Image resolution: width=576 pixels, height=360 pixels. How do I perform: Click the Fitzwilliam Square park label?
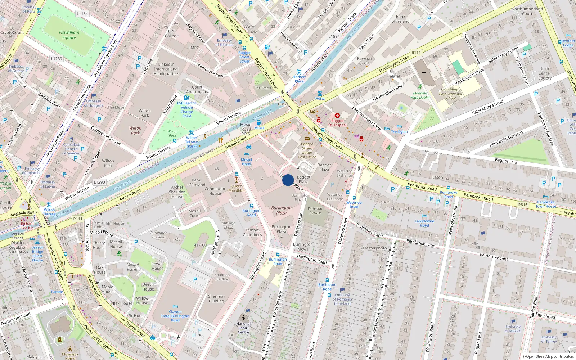[x=69, y=35]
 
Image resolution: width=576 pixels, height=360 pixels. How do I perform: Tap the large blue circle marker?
[x=288, y=180]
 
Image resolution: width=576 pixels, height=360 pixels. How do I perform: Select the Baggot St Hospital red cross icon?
[x=337, y=116]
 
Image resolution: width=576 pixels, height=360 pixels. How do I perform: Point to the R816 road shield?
[x=523, y=205]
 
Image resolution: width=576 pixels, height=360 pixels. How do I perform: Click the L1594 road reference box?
[x=334, y=36]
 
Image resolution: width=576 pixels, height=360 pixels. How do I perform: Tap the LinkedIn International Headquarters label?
[x=166, y=69]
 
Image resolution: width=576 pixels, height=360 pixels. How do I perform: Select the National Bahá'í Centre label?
[x=243, y=328]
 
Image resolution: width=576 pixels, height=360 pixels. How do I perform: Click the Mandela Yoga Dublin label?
[x=420, y=95]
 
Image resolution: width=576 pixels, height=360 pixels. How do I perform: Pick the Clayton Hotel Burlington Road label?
[x=175, y=316]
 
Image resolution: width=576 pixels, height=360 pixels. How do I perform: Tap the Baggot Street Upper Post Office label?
[x=307, y=150]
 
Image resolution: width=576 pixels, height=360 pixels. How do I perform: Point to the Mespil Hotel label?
[x=246, y=162]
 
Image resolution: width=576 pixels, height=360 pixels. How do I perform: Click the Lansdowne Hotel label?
[x=424, y=223]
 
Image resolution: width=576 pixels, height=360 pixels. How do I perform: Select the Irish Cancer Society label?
[x=545, y=73]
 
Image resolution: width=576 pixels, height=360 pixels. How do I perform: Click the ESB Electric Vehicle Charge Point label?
[x=186, y=109]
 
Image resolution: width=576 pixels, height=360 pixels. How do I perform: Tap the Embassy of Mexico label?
[x=513, y=329]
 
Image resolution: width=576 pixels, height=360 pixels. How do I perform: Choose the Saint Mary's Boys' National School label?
[x=450, y=94]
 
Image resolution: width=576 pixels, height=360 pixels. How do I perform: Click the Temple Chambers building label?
[x=252, y=233]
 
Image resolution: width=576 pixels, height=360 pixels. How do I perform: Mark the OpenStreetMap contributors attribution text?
[x=548, y=356]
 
